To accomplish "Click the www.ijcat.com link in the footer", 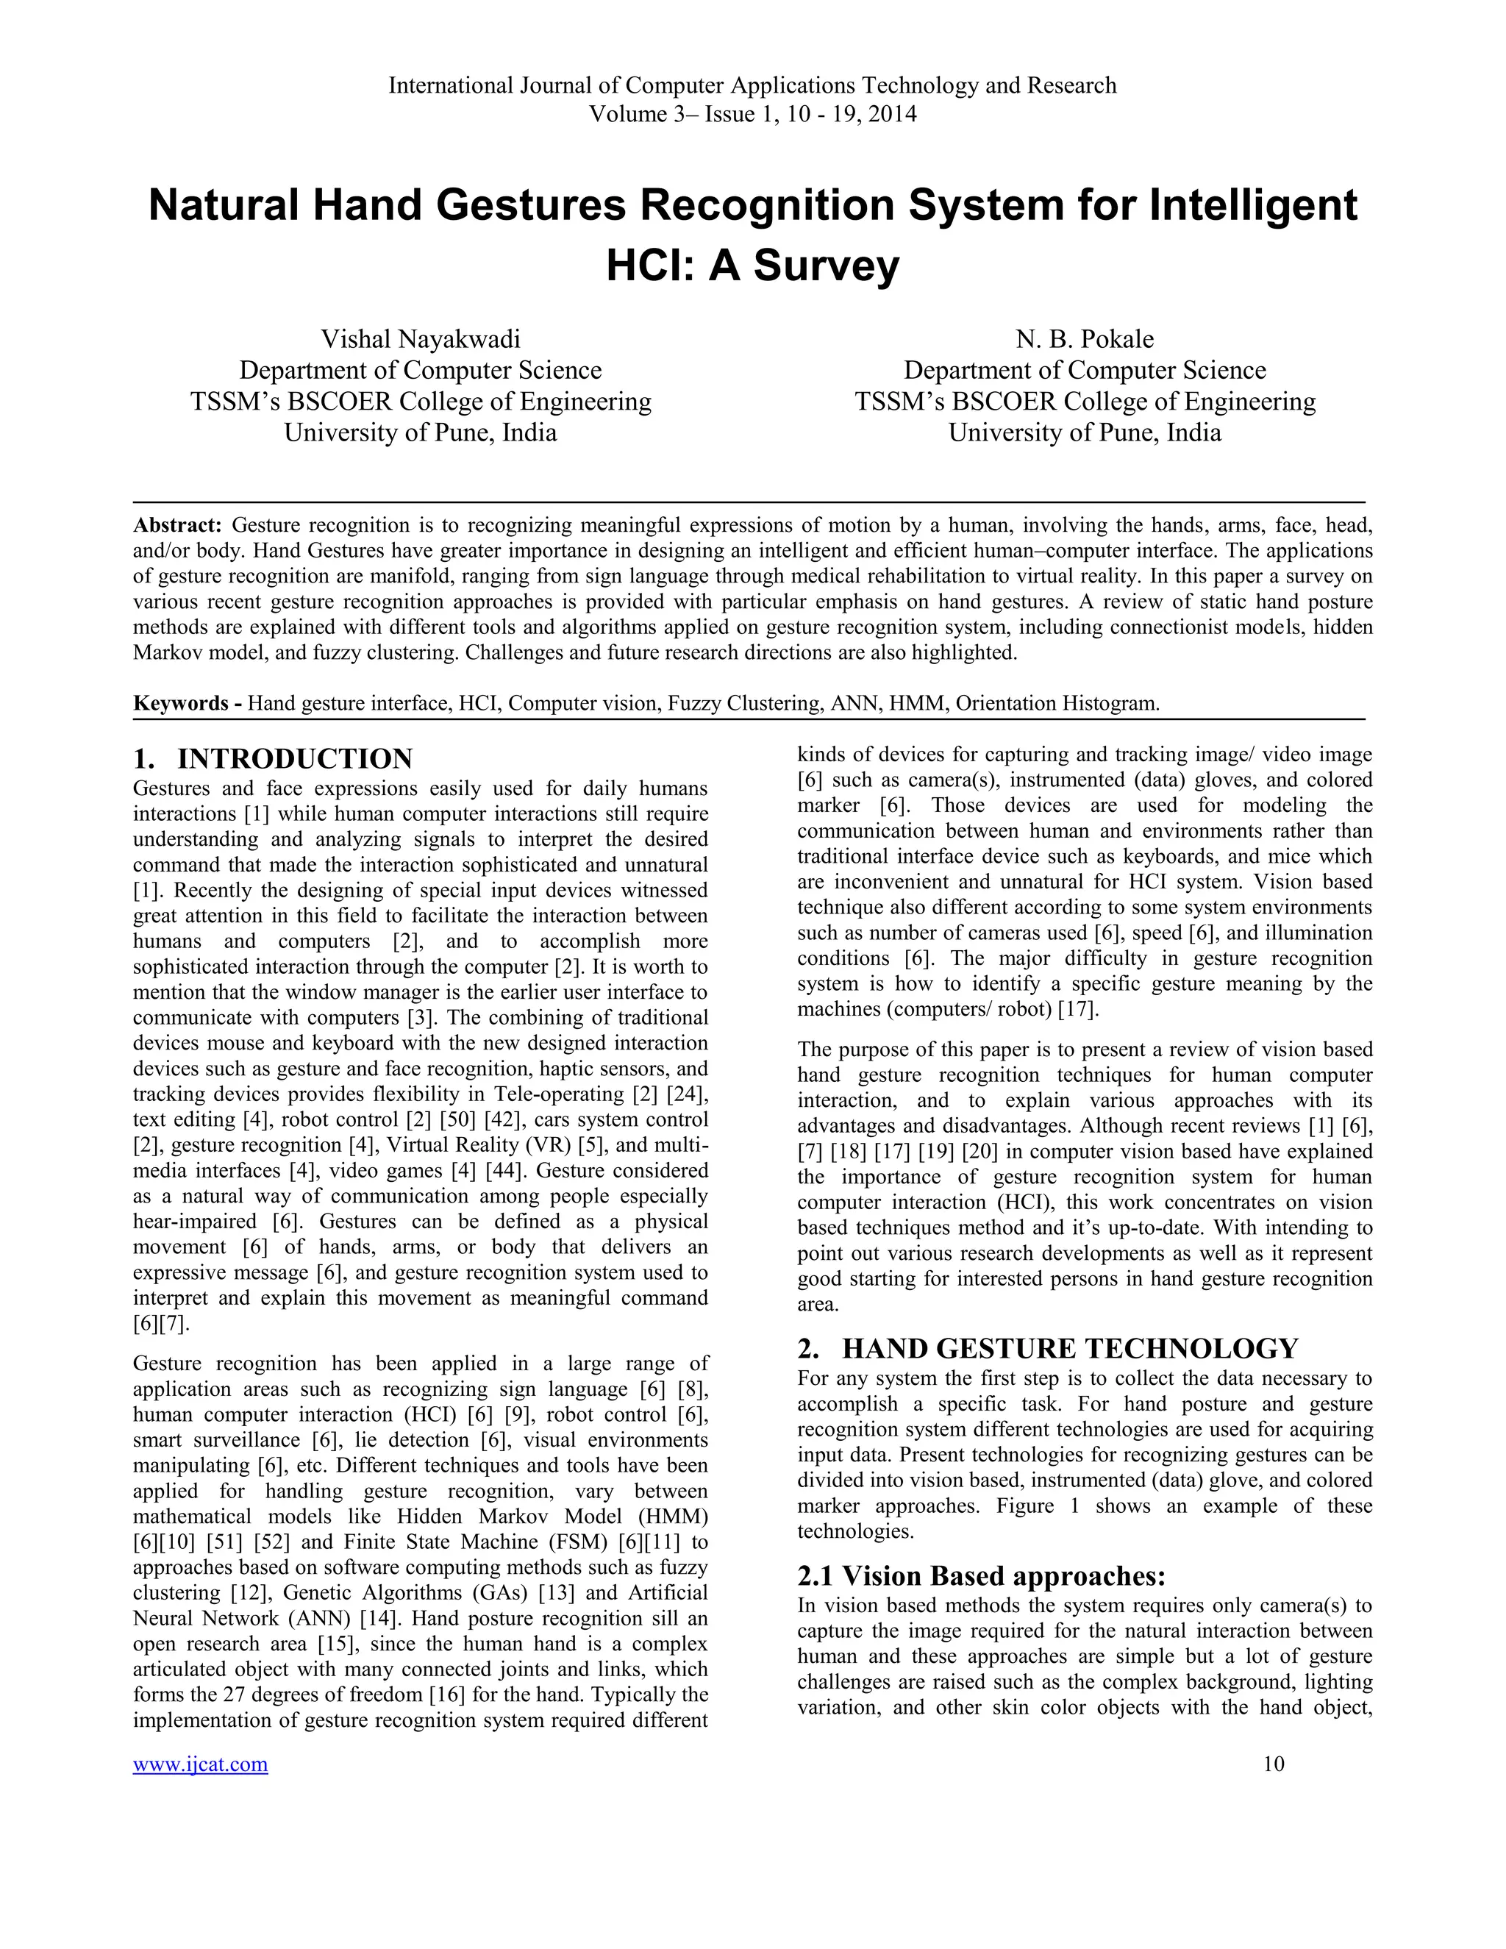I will (x=200, y=1764).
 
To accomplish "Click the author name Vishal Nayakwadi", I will (x=420, y=339).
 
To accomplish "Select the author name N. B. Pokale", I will (x=1084, y=339).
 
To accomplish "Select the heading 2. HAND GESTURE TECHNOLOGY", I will (x=1049, y=1348).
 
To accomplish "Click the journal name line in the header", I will (x=752, y=85).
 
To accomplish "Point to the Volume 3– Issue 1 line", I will (x=752, y=114).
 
